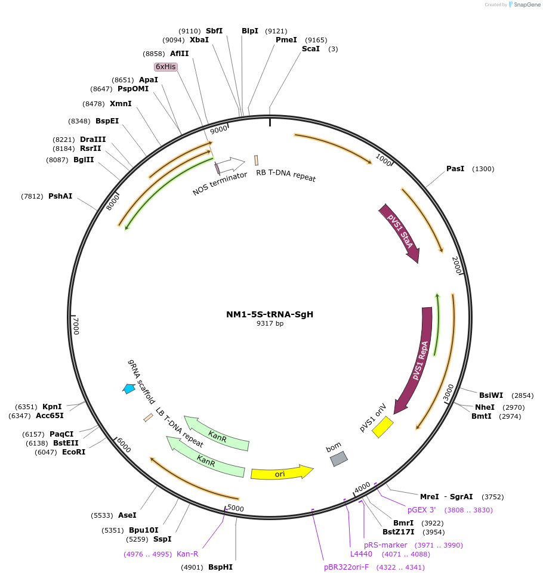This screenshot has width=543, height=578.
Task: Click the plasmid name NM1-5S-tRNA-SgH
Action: [x=269, y=314]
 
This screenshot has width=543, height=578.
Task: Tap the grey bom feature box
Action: [x=339, y=458]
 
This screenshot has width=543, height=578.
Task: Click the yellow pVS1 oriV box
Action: [x=382, y=427]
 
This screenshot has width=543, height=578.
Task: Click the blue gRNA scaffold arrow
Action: [x=128, y=388]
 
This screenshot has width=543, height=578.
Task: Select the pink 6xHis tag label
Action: [x=165, y=67]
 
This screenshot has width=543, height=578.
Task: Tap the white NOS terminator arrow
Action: [x=230, y=163]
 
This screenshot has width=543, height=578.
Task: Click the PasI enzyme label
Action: [x=455, y=169]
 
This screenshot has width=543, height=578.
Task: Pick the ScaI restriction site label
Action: [x=311, y=49]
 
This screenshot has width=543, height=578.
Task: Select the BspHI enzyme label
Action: [x=220, y=567]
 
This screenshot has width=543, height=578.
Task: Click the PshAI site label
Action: [x=60, y=196]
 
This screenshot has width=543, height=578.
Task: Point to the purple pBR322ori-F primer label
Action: [x=346, y=567]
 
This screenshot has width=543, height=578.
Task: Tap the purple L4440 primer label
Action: [x=361, y=554]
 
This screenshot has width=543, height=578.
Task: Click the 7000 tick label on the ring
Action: [x=76, y=326]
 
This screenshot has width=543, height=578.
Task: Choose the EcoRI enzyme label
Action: [x=73, y=452]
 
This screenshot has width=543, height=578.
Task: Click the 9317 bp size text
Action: [x=270, y=324]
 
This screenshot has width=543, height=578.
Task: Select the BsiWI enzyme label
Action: [x=491, y=395]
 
